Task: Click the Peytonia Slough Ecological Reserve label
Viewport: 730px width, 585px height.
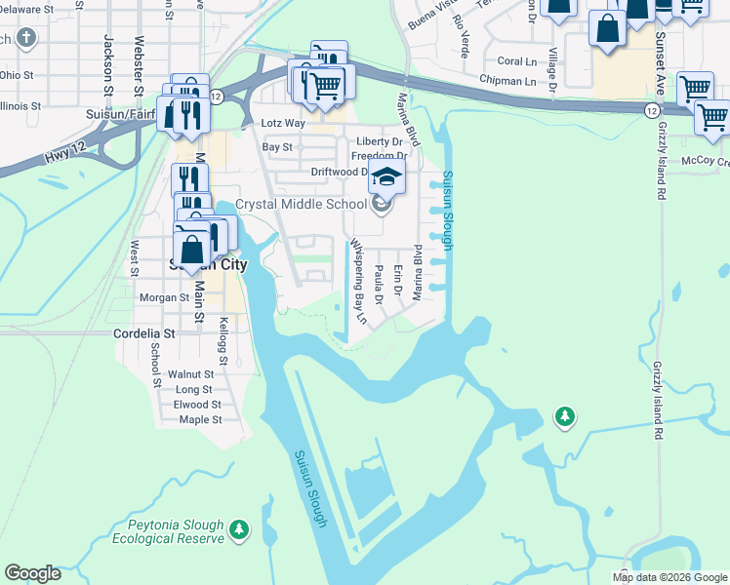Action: tap(167, 531)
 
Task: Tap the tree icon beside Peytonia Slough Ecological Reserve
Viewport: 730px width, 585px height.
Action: tap(240, 529)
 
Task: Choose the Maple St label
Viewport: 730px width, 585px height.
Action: tap(201, 420)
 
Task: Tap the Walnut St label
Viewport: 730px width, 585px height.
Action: tap(190, 374)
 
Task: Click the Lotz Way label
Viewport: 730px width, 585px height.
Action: tap(284, 125)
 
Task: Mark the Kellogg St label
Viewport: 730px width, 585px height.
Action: tap(223, 340)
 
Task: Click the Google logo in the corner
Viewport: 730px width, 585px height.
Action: tap(32, 573)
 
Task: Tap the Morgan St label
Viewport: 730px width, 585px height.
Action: tap(163, 297)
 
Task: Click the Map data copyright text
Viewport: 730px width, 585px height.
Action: tap(669, 577)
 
